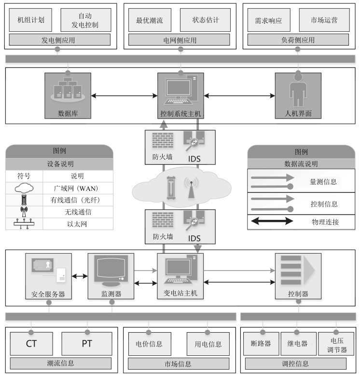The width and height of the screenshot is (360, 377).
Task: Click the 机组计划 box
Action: [x=30, y=20]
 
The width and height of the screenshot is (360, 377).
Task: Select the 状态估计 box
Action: [x=205, y=20]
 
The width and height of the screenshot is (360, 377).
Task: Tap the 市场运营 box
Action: [x=324, y=20]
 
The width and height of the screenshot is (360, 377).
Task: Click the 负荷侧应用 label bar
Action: [x=298, y=40]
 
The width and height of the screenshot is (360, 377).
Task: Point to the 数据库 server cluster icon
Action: [x=68, y=90]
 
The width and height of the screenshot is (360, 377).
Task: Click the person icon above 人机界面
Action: [x=298, y=91]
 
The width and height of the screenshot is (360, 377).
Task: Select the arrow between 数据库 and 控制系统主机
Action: [x=124, y=95]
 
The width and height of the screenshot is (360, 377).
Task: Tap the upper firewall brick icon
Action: [x=163, y=140]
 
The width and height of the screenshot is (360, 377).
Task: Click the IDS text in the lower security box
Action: [x=194, y=238]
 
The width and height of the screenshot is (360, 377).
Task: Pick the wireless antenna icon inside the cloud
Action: [x=191, y=188]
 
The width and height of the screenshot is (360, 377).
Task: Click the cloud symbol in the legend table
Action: [x=24, y=188]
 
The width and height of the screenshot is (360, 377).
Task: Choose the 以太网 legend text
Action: [x=77, y=224]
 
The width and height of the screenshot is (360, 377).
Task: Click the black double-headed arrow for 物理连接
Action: [x=272, y=221]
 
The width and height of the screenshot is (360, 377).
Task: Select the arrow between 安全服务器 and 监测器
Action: [x=80, y=276]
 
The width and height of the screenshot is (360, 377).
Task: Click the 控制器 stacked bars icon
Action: [x=298, y=270]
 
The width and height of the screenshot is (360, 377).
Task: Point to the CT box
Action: [x=31, y=344]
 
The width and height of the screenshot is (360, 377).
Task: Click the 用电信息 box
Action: [x=208, y=344]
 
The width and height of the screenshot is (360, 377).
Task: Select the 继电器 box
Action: [x=298, y=344]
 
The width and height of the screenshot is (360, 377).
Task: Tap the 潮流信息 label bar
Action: [x=61, y=363]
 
